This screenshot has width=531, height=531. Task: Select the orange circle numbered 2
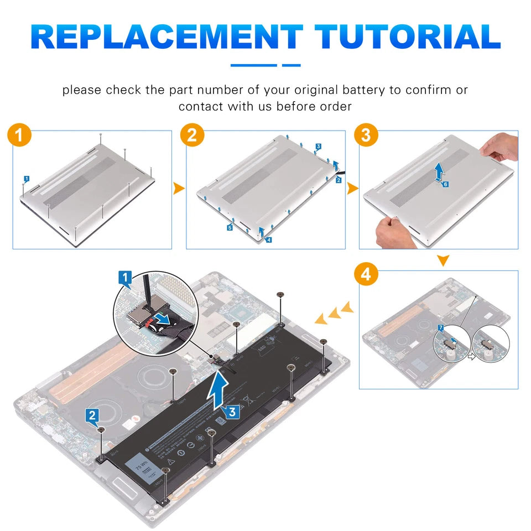point(192,136)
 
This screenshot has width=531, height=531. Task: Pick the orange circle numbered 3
point(366,136)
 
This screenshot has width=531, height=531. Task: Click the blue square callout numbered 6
point(446,184)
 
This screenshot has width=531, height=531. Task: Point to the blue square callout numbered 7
point(440,328)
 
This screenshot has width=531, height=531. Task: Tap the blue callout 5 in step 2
point(229,227)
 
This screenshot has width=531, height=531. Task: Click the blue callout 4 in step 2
point(268,240)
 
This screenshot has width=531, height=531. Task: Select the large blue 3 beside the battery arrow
point(232,412)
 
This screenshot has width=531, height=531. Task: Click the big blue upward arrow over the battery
point(219,388)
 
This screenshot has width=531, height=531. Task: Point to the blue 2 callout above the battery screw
point(93,414)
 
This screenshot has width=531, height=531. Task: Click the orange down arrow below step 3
point(443,260)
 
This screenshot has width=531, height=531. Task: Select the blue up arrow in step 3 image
point(438,171)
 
